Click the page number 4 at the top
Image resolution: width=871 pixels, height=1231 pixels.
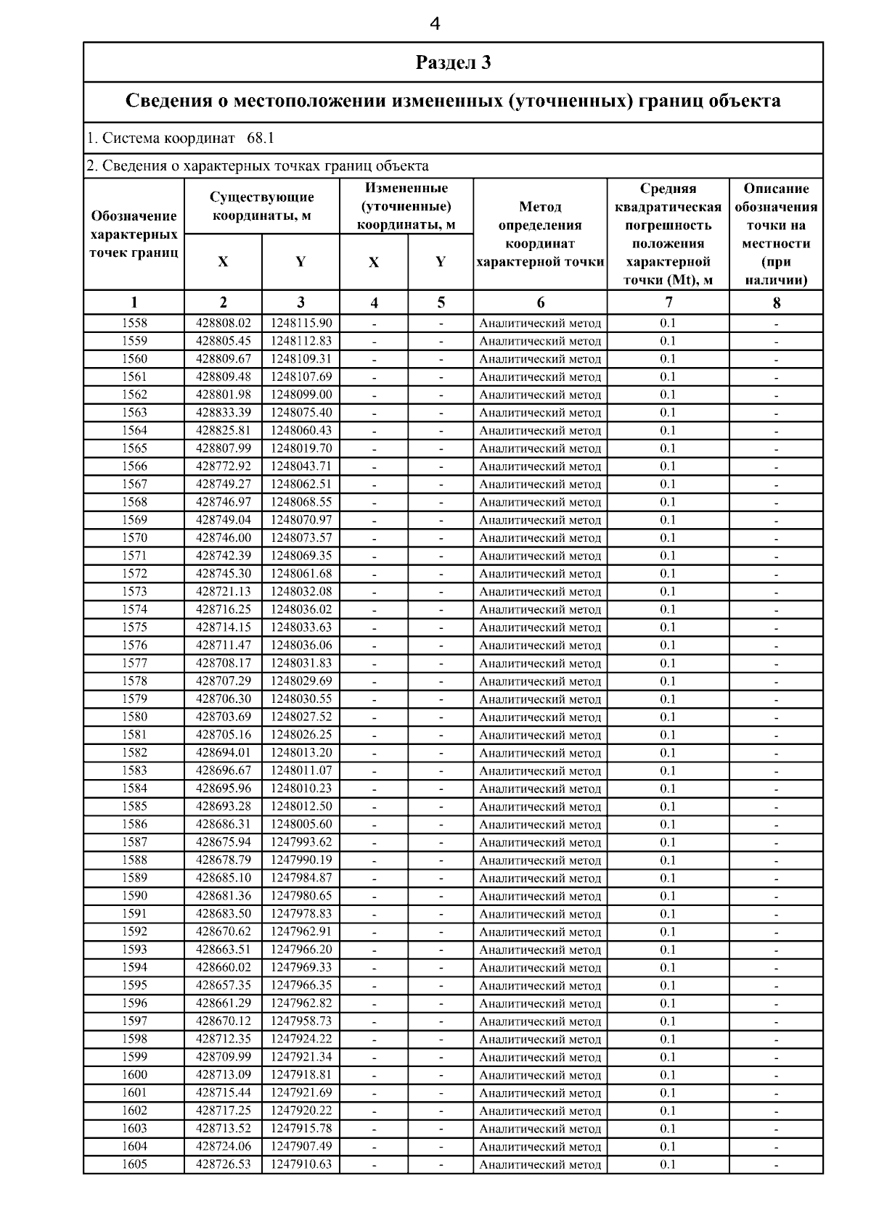(435, 24)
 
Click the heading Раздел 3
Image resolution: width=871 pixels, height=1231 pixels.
(453, 62)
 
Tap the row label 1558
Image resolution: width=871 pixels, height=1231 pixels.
(134, 323)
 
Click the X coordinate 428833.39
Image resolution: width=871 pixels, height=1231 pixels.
(223, 413)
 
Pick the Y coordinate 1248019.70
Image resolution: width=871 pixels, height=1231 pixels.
(300, 448)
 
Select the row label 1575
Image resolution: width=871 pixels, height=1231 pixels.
(134, 627)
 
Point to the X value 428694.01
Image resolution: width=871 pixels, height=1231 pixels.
(223, 753)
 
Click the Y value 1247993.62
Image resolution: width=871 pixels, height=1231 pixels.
(300, 842)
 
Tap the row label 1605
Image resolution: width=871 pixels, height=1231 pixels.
(134, 1164)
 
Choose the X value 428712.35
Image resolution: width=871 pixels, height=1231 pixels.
(223, 1039)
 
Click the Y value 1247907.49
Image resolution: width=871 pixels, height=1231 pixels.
(300, 1147)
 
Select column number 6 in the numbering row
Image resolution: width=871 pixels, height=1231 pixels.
(540, 303)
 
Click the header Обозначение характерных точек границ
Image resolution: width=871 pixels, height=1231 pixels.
(134, 234)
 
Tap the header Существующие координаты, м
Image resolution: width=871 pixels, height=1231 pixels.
(262, 206)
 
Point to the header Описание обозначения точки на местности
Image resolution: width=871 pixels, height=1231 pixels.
(776, 234)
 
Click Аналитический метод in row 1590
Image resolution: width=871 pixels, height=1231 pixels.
(540, 897)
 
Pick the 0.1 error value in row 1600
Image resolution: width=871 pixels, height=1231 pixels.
(668, 1075)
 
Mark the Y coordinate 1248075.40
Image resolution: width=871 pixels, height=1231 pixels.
(300, 413)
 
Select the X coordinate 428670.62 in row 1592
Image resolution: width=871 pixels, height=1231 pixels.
(223, 932)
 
